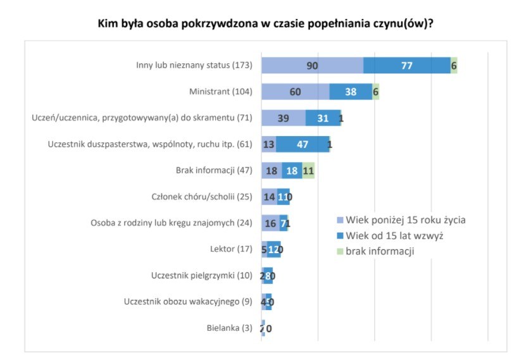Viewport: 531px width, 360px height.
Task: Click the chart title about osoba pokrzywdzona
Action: click(265, 24)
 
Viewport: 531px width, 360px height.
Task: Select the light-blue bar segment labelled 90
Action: click(312, 65)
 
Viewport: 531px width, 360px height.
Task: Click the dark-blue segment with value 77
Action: click(406, 65)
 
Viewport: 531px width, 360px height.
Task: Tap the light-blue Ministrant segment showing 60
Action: click(295, 92)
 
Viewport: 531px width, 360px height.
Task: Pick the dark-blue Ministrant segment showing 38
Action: click(351, 92)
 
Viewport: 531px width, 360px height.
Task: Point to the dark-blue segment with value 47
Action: click(303, 144)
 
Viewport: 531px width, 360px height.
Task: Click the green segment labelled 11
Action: click(308, 170)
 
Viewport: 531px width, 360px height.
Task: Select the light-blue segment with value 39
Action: click(283, 118)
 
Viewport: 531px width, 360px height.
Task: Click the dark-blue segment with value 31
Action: click(322, 118)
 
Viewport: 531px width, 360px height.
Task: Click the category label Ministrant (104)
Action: click(220, 92)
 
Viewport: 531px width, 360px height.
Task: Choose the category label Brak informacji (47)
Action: click(213, 170)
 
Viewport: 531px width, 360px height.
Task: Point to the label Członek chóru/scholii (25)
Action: click(201, 197)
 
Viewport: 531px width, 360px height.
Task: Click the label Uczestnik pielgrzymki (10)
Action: click(201, 276)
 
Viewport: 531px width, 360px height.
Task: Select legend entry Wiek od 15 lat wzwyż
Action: click(397, 235)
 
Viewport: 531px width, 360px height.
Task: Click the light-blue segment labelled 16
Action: click(270, 223)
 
